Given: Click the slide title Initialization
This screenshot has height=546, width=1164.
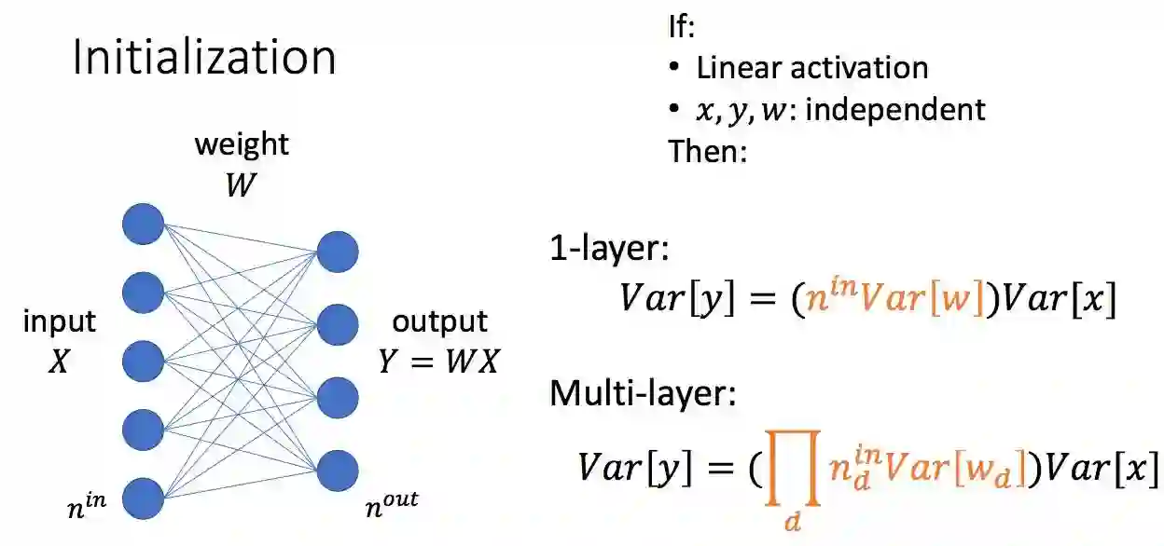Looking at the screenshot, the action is coord(204,59).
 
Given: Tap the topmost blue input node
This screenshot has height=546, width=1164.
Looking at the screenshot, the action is coord(143,224).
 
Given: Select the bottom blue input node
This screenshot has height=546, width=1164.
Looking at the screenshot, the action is coord(143,498).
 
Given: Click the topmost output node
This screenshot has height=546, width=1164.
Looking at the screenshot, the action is coord(337,252).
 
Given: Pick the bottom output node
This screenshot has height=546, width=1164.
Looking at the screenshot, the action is coord(337,471).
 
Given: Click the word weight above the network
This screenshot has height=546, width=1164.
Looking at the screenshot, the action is coord(242,144).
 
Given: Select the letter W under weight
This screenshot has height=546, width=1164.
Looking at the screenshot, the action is coord(241,185).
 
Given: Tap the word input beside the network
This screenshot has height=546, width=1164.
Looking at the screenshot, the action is coord(60,322).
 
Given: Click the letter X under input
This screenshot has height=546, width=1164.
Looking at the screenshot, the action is coord(59,362).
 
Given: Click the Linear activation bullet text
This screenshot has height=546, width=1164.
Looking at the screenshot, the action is coord(811,68).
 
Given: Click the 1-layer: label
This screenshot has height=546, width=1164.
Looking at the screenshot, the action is coord(608,250).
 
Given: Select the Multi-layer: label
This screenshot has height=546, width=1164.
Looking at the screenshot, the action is coord(644,394).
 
